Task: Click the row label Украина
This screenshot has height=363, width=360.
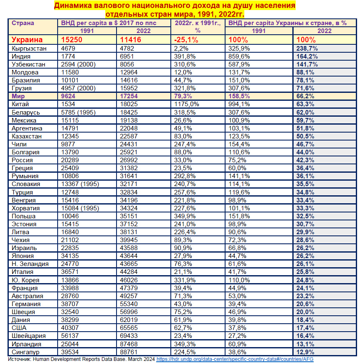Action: point(27,40)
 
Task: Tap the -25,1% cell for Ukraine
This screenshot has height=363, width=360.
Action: point(186,40)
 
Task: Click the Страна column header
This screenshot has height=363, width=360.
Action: point(23,23)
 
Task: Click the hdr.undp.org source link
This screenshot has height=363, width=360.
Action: point(234,359)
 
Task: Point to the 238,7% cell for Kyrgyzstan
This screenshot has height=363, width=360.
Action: point(307,49)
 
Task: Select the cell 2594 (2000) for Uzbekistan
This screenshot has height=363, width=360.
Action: point(77,64)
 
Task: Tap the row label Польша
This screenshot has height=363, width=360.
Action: point(24,216)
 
